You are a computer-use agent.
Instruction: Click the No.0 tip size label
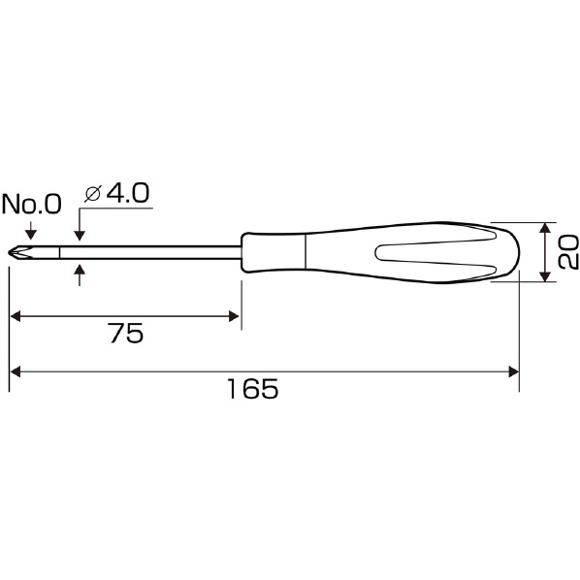[31, 204]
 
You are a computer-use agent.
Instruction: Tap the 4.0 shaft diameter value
[128, 193]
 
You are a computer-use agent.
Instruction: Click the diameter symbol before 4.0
[92, 194]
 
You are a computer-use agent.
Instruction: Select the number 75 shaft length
[126, 334]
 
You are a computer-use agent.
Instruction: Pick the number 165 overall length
[253, 389]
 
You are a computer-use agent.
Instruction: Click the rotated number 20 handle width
[568, 252]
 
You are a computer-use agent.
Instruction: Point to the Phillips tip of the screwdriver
[18, 253]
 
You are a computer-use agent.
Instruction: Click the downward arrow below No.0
[31, 230]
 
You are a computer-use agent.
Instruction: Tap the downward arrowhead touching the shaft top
[80, 236]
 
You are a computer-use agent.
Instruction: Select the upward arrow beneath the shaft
[80, 274]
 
